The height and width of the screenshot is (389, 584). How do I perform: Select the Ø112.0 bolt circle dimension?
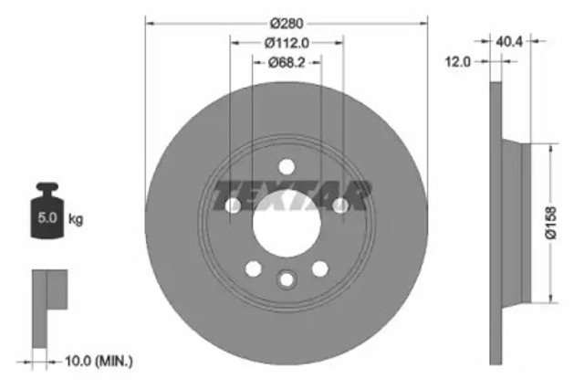tap(287, 41)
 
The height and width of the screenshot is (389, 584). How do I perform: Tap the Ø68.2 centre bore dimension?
tap(287, 62)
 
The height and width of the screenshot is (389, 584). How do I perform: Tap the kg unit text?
tap(77, 219)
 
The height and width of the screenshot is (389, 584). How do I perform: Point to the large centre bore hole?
tap(286, 224)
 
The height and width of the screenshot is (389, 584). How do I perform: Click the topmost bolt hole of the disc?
tap(287, 166)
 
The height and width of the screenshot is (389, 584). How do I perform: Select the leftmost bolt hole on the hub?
tap(232, 206)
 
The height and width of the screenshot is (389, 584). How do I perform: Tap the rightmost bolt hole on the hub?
tap(340, 206)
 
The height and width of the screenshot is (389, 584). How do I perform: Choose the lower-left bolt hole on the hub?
tap(253, 269)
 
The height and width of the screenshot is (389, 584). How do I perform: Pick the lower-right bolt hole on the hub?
tap(319, 269)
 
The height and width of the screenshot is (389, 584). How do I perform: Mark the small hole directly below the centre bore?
tap(287, 279)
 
